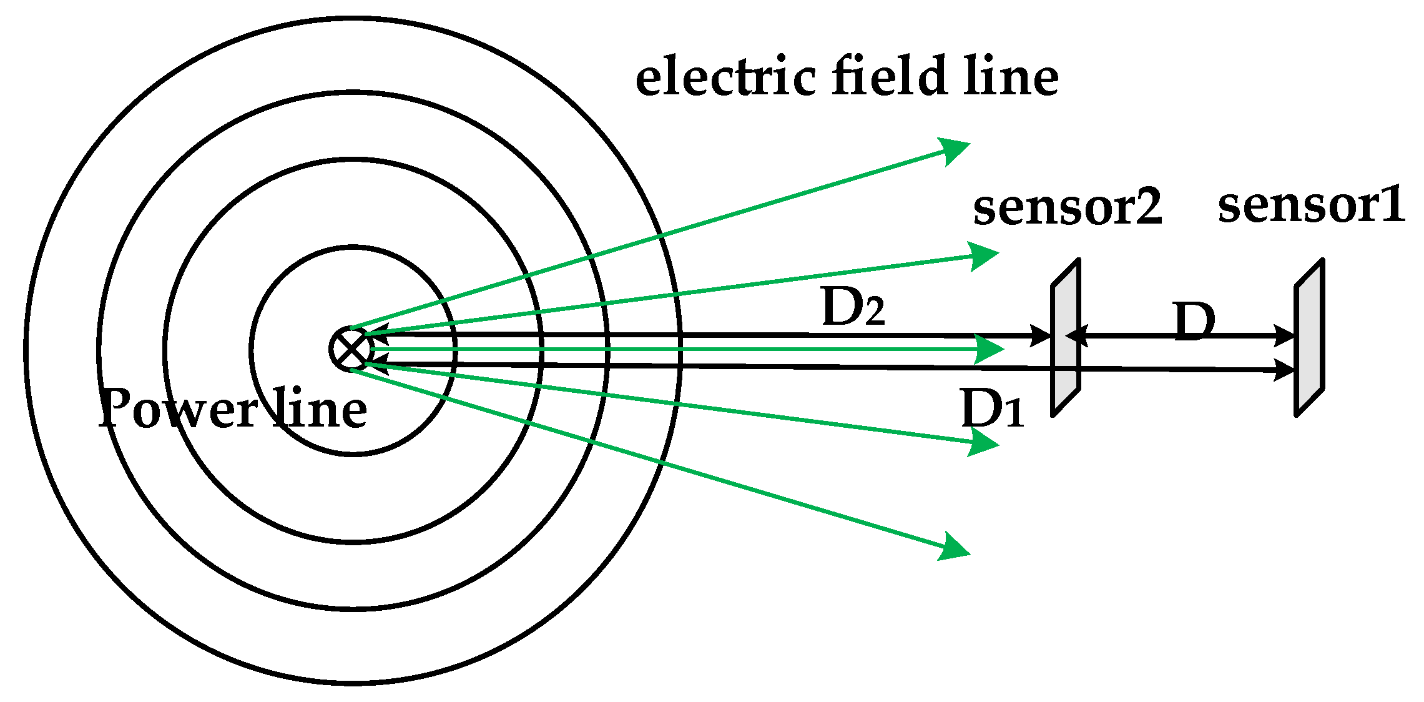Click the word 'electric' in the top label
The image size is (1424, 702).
(725, 77)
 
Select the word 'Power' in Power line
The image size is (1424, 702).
(178, 408)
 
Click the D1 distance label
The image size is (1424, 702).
(992, 408)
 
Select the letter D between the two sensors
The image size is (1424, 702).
(1194, 322)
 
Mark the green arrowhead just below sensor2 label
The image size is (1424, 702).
(985, 255)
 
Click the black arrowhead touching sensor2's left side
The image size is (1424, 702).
(1041, 336)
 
